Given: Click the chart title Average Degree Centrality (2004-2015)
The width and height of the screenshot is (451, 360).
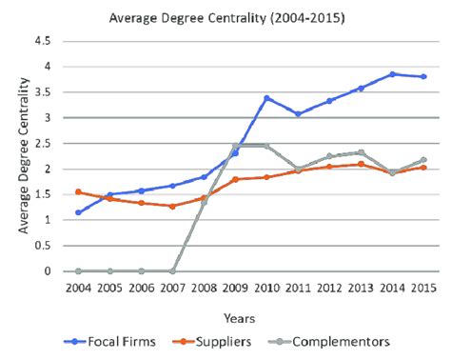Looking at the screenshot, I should [225, 16].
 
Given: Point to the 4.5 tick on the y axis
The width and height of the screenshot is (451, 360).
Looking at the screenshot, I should [42, 42].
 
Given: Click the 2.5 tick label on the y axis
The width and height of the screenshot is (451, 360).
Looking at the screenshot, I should [42, 144].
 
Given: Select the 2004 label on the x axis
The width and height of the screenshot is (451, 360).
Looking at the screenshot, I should [78, 287].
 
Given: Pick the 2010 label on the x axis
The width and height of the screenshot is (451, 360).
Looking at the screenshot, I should [266, 287].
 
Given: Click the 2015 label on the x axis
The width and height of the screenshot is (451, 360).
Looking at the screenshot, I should [423, 287].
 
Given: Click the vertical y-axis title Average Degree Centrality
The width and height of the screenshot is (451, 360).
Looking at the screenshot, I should [20, 156].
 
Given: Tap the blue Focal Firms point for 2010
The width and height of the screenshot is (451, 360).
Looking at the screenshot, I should [266, 98].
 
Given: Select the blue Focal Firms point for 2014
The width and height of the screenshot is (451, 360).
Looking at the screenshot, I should [392, 74].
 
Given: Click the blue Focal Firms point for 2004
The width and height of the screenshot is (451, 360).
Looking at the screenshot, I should [78, 212].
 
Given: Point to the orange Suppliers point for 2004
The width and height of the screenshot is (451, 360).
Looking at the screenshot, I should [78, 192].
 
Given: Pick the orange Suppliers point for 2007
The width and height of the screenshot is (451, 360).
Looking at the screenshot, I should [172, 206].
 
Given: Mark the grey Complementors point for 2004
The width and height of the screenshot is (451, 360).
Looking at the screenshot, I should [78, 270].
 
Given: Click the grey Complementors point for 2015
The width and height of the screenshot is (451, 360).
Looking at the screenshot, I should [423, 160].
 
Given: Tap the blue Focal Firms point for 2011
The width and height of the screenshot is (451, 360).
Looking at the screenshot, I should [298, 114].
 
